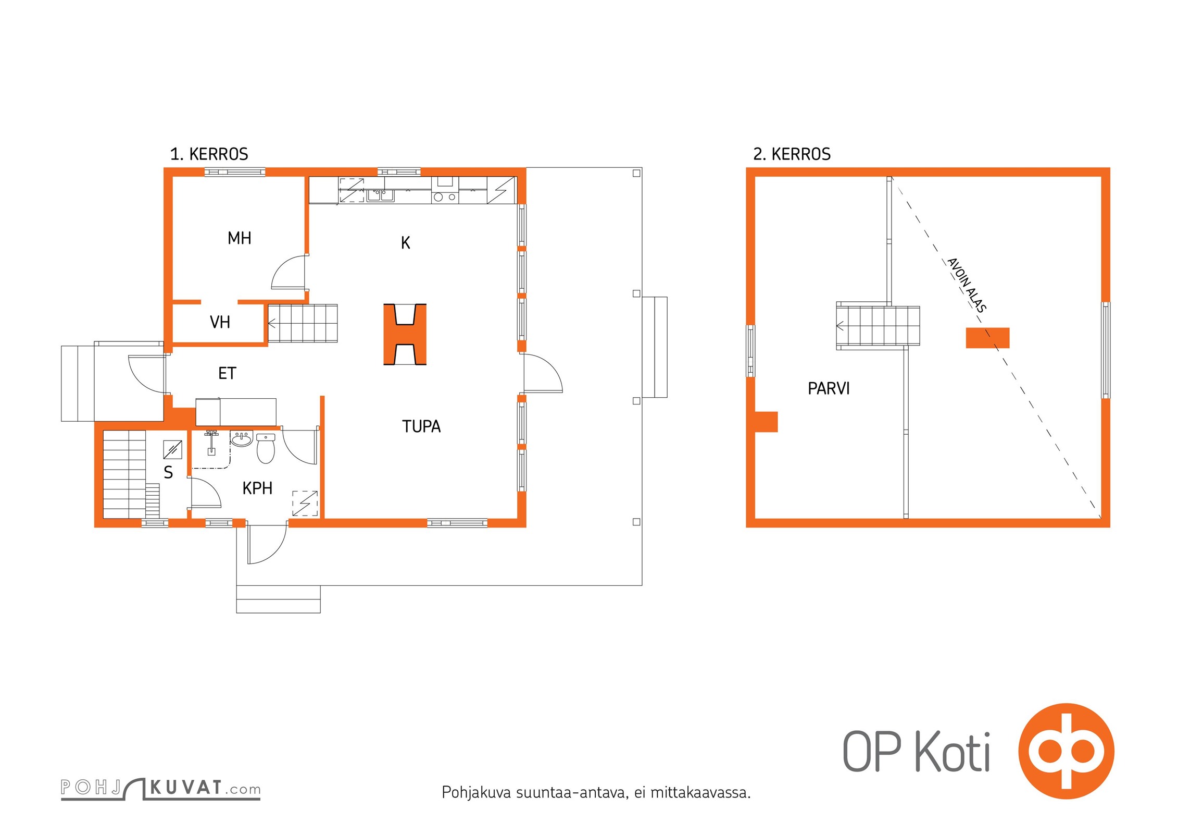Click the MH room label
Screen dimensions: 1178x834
pos(240,238)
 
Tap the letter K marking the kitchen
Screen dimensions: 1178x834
pos(406,243)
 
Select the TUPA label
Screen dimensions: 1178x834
pos(421,426)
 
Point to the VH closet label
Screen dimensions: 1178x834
pos(220,322)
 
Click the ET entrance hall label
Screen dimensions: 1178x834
pos(227,373)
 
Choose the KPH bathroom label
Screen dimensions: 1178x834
pos(257,488)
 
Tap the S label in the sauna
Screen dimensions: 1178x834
pos(168,472)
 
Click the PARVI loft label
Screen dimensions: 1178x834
pos(829,388)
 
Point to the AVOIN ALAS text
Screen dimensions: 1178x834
pos(967,285)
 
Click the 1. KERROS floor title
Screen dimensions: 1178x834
pos(209,154)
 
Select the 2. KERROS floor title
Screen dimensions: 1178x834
pos(792,154)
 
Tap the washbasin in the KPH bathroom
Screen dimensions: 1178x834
pos(242,439)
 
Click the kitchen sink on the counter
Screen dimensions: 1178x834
pos(381,195)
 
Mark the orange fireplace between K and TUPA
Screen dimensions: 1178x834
pos(405,334)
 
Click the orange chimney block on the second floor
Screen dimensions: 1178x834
pos(987,338)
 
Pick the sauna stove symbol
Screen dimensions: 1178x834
pos(172,449)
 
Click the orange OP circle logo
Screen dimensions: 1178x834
pos(1066,751)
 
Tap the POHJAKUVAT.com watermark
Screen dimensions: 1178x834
pos(160,788)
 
